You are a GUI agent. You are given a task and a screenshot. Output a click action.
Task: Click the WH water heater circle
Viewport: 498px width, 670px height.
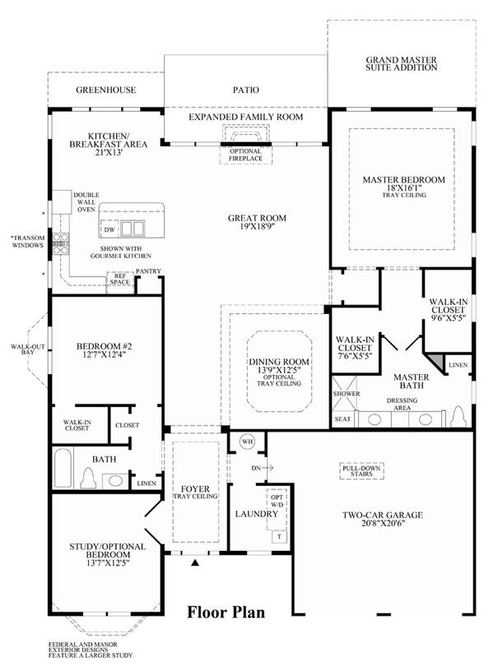point(246,441)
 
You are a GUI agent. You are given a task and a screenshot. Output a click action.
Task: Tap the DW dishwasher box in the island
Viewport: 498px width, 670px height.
point(109,229)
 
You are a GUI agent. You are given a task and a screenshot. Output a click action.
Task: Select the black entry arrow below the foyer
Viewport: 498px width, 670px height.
point(195,562)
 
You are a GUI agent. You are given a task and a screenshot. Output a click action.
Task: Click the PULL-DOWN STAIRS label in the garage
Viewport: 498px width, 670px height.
point(361,471)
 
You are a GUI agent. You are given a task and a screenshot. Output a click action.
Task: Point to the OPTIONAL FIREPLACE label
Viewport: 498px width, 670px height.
point(245,155)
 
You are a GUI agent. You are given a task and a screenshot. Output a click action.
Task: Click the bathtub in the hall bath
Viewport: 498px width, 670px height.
point(63,468)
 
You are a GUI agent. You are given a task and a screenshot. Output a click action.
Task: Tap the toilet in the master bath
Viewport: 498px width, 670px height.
point(458,416)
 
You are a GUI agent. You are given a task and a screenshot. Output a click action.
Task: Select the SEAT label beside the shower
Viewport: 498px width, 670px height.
point(342,419)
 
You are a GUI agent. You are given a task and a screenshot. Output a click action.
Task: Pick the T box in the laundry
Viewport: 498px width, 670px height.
point(279,536)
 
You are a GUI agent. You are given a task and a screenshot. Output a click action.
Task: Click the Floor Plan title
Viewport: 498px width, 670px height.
point(226,612)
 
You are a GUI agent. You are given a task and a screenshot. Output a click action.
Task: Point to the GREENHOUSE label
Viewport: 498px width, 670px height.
point(105,90)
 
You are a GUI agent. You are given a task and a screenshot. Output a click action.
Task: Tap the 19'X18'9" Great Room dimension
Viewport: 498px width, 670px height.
point(257,226)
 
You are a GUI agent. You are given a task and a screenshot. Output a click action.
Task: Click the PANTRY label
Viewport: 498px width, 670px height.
point(148,271)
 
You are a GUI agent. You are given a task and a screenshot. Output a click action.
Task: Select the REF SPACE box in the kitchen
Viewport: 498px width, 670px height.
point(120,282)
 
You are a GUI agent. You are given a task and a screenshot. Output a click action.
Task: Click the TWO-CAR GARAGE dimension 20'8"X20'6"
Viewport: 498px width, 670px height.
point(383,523)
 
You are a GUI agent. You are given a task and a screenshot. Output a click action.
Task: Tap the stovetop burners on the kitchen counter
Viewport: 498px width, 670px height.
point(60,244)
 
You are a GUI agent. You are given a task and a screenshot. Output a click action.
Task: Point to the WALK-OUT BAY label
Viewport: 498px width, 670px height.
point(28,349)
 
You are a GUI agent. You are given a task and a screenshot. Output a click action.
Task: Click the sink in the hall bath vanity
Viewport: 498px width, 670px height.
point(115,480)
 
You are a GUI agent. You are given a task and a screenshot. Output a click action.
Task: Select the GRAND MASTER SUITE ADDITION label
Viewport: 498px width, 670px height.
point(402,63)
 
